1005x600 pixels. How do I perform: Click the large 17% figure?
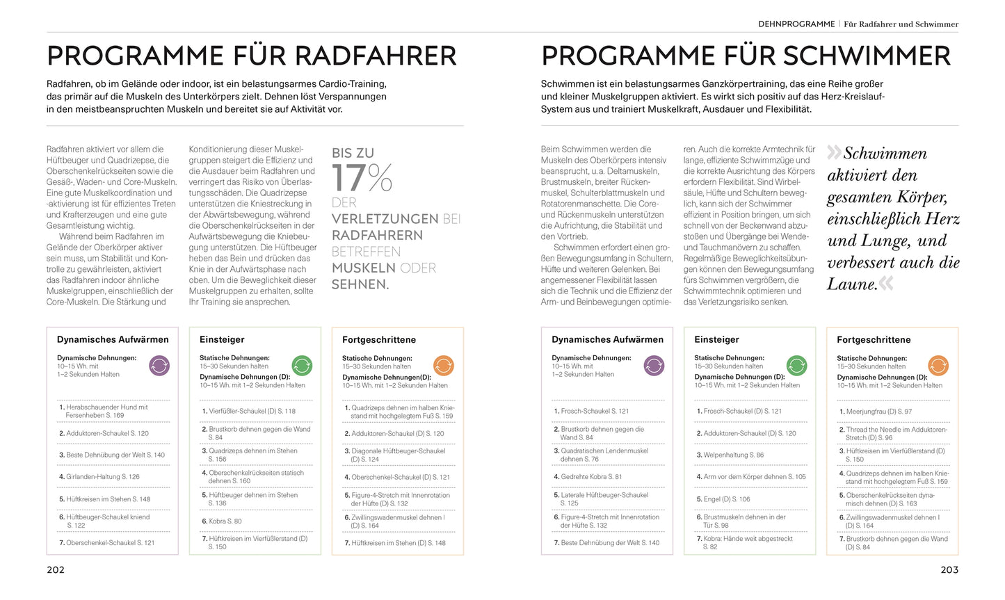pyautogui.click(x=362, y=178)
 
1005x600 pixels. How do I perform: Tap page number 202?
pyautogui.click(x=56, y=569)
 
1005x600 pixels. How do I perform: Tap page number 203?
pyautogui.click(x=949, y=569)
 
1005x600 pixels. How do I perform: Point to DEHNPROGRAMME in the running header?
pyautogui.click(x=796, y=24)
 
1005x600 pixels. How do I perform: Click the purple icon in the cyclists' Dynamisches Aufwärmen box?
pyautogui.click(x=159, y=365)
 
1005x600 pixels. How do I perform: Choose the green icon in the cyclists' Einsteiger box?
pyautogui.click(x=302, y=365)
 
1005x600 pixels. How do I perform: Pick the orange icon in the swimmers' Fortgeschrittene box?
pyautogui.click(x=938, y=365)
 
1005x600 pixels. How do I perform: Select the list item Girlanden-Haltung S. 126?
pyautogui.click(x=103, y=477)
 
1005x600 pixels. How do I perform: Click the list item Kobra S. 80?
pyautogui.click(x=225, y=521)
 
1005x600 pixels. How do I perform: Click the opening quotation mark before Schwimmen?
pyautogui.click(x=834, y=152)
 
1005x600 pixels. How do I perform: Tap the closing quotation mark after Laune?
pyautogui.click(x=886, y=283)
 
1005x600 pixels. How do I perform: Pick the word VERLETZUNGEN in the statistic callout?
pyautogui.click(x=385, y=219)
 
